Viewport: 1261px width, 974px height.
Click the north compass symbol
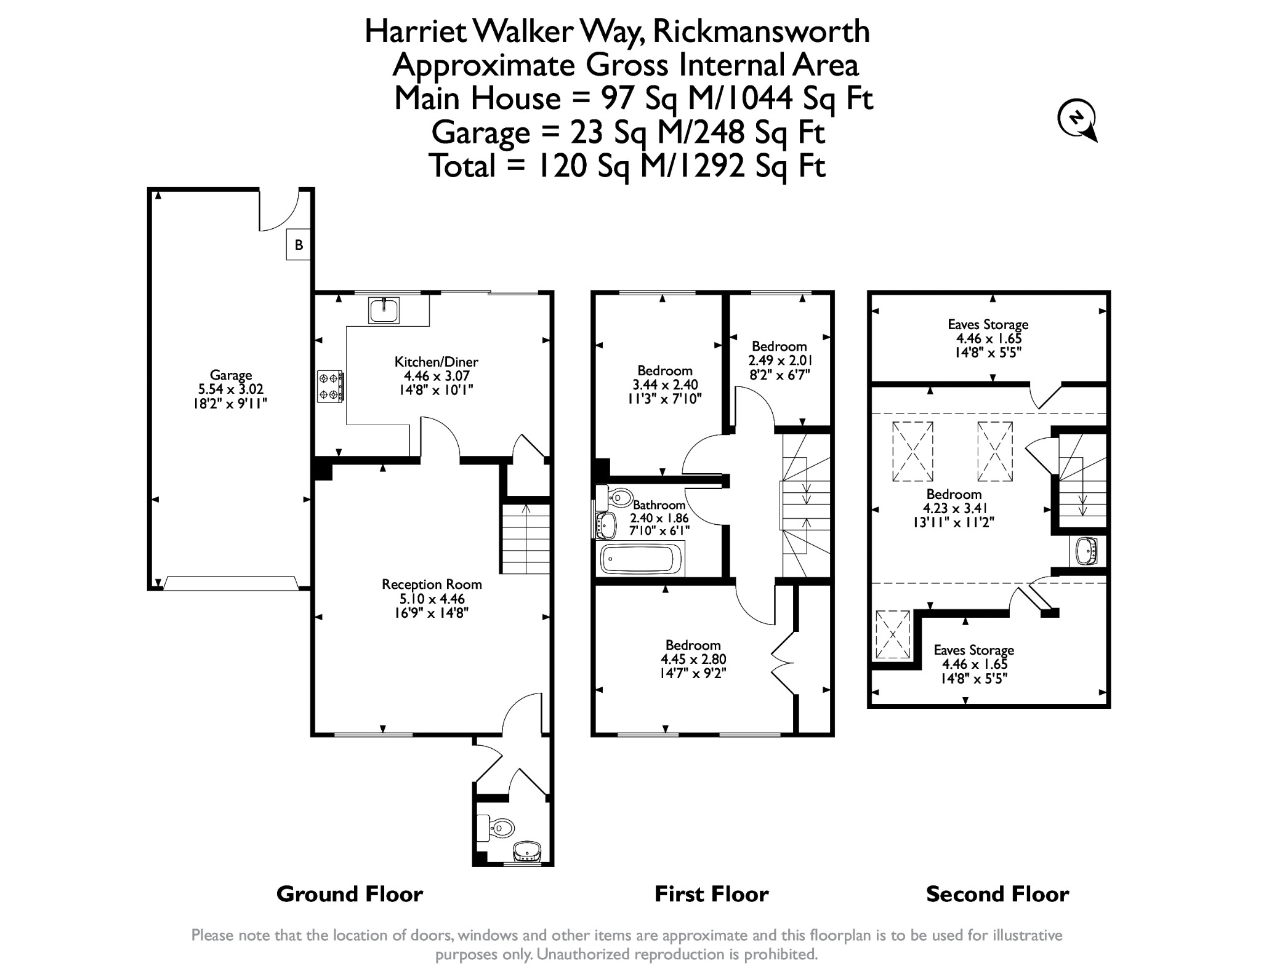coord(1077,120)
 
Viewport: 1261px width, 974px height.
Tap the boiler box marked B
coord(299,245)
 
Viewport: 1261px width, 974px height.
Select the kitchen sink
coord(384,310)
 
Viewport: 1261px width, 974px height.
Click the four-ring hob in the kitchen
coord(330,386)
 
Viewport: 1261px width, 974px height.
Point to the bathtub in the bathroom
coord(641,559)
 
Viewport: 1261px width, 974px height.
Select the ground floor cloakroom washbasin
coord(527,852)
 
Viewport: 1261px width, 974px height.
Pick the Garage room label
coord(231,375)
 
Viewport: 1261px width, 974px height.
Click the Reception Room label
coord(432,585)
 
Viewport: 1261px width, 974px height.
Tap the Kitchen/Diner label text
coord(436,362)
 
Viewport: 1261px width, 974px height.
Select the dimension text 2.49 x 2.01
coord(779,360)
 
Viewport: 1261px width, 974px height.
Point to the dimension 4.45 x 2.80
coord(693,659)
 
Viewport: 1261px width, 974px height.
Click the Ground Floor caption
coord(350,894)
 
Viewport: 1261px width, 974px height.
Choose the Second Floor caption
coord(997,894)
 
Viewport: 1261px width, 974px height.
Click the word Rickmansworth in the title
coord(761,31)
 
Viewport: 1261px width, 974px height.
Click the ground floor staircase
coord(525,539)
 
